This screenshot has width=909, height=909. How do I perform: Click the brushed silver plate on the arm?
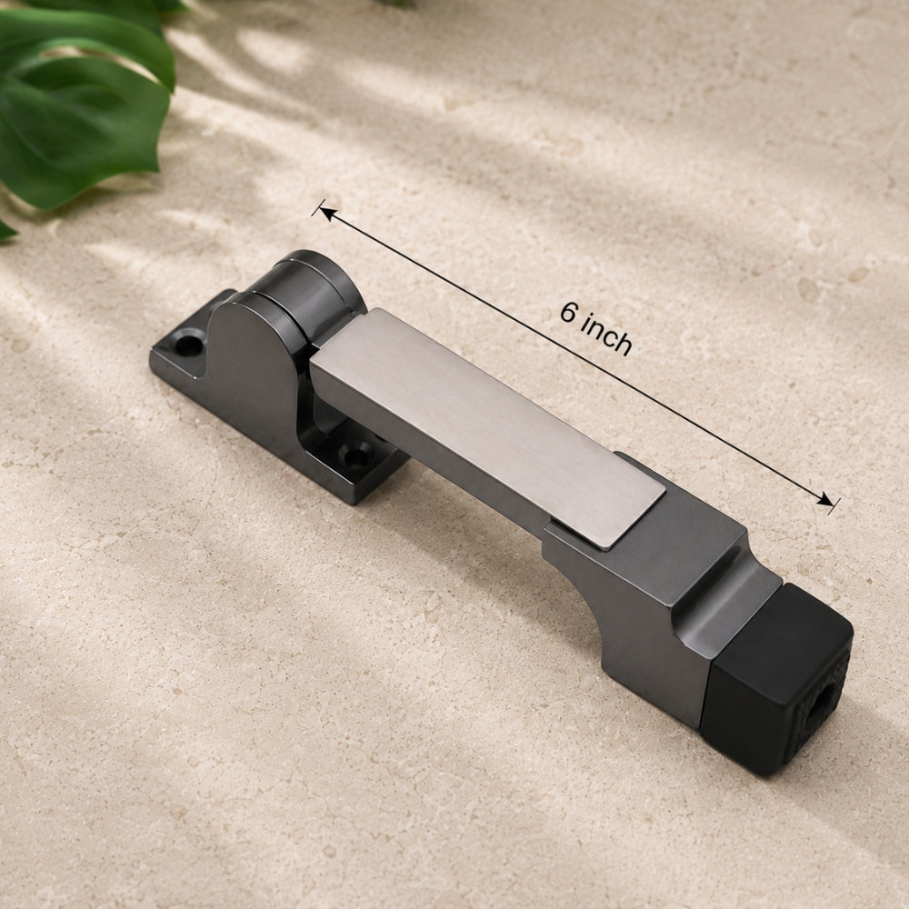(488, 429)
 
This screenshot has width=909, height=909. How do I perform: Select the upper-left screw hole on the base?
(189, 345)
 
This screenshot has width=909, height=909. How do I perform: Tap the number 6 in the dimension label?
(569, 313)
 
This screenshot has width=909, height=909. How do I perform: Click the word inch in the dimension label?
(606, 335)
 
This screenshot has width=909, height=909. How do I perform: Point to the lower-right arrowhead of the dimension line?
(827, 500)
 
